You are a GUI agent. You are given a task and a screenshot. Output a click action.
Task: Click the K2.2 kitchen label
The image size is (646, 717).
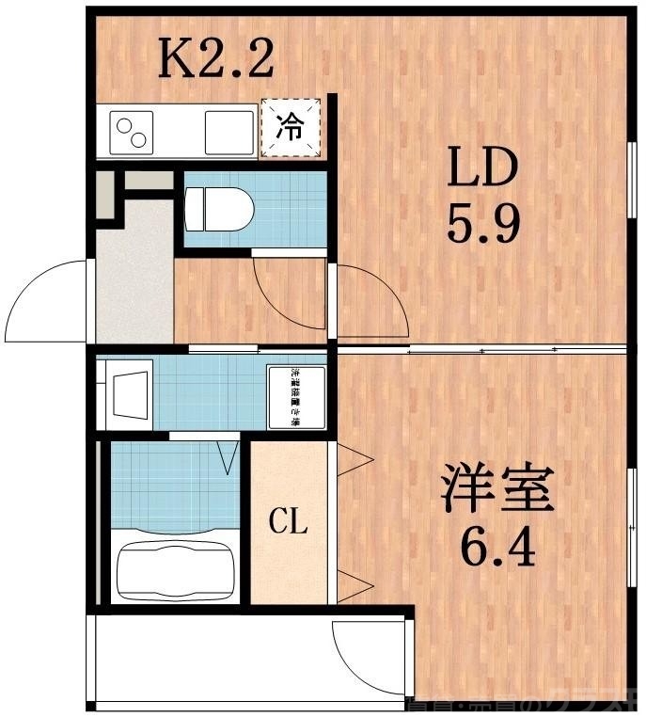[x=215, y=58]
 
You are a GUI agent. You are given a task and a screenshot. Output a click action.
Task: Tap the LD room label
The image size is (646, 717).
[x=481, y=168]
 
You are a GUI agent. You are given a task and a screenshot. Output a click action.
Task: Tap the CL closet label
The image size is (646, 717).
[x=289, y=520]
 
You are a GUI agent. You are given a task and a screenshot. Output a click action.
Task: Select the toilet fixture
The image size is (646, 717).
[x=218, y=208]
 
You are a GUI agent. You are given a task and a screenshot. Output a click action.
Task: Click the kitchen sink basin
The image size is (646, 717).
[x=229, y=132]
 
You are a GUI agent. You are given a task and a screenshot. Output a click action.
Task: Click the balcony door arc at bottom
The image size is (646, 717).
[x=362, y=659]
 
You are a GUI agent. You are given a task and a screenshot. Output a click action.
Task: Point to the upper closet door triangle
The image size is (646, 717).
[x=355, y=461]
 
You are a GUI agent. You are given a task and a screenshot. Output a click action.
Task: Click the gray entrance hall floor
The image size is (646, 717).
[x=134, y=282]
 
